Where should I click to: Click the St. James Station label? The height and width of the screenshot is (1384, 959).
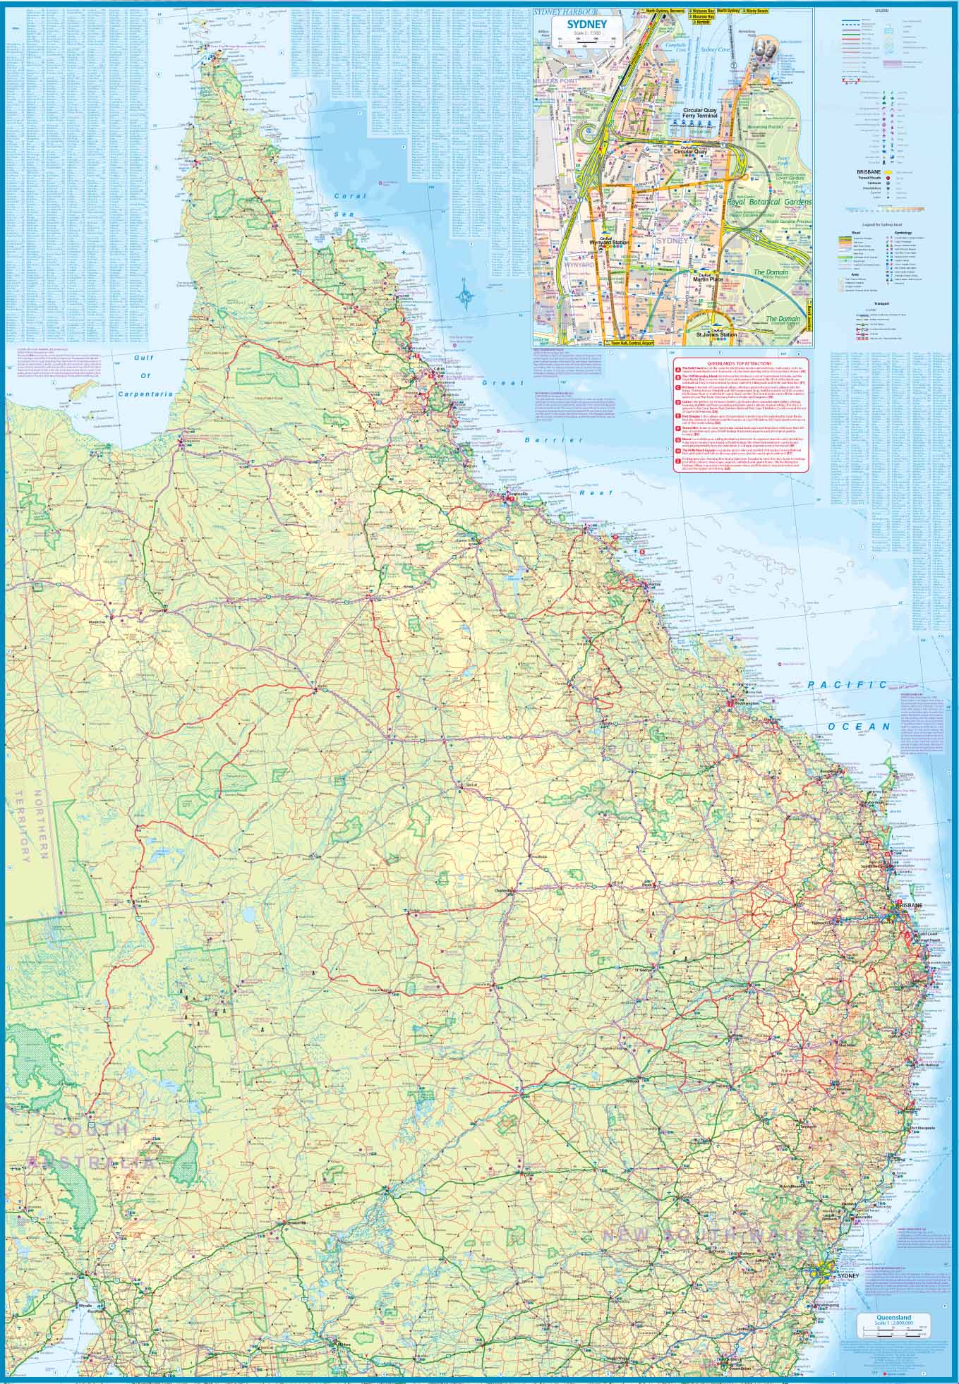coord(716,334)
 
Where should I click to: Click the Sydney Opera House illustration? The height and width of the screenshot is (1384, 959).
coord(763,49)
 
